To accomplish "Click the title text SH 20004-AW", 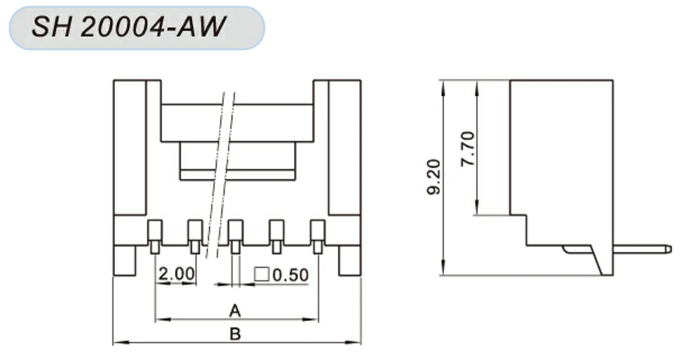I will point(129,27).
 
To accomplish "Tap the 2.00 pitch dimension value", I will point(176,274).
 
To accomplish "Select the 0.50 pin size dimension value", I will point(290,275).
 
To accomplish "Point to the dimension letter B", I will point(235,334).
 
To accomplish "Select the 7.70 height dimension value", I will point(467,149).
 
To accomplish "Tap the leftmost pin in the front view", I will point(154,236).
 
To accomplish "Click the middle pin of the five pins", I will point(235,236).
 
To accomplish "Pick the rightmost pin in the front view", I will point(317,236).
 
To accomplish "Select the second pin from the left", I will point(195,236).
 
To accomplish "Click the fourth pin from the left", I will point(276,236).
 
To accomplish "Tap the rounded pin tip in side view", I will point(667,248).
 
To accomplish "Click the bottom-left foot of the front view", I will point(125,261).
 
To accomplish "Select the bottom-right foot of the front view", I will point(349,261).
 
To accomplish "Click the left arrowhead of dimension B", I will point(117,342).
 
